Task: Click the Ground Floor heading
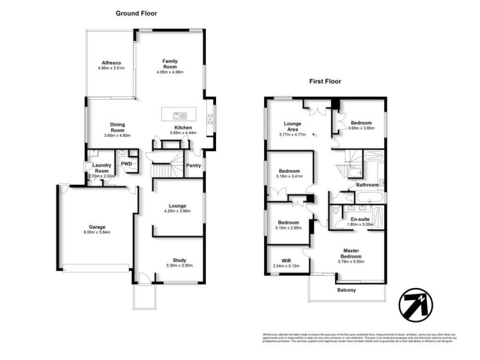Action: [x=137, y=13]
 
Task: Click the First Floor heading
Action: [x=325, y=81]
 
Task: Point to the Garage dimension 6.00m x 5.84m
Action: [x=97, y=232]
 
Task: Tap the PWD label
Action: [x=127, y=163]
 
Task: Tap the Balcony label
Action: [x=346, y=290]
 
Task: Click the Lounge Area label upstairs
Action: [x=293, y=128]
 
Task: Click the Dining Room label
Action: [x=117, y=128]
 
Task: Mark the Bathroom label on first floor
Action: [x=367, y=185]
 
